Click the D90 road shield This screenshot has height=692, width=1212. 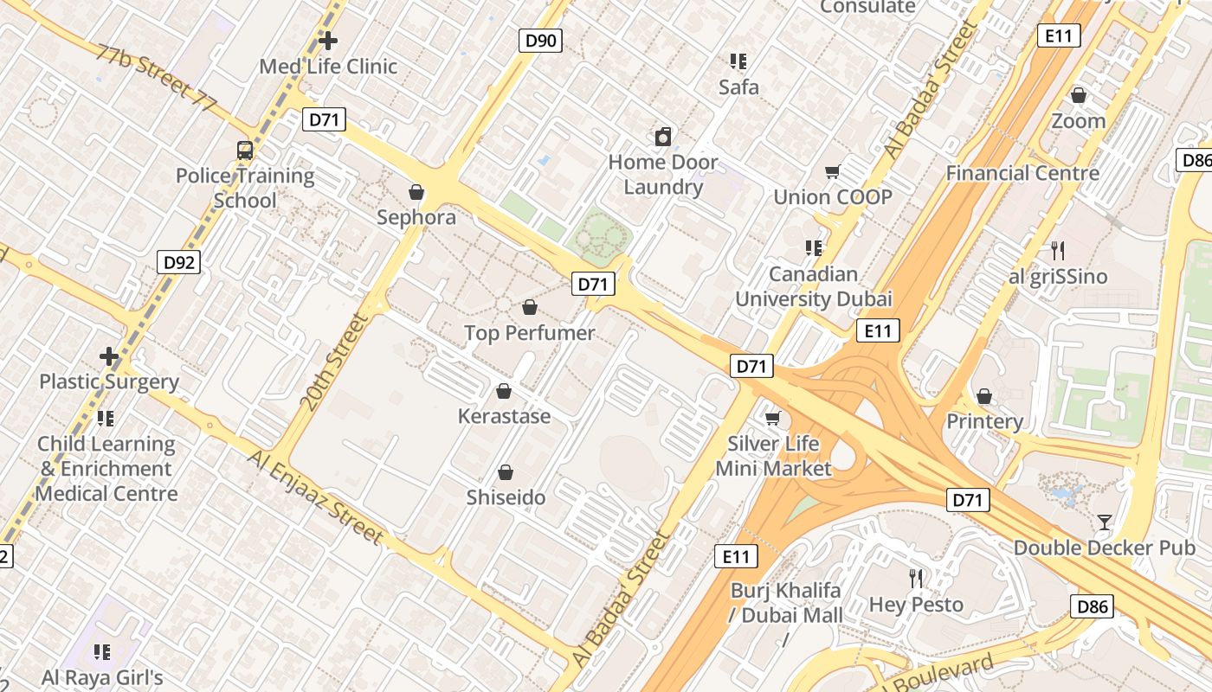[x=541, y=40]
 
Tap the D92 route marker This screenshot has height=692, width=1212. [x=179, y=262]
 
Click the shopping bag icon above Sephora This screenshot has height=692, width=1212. [x=416, y=192]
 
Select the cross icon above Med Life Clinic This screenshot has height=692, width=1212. [x=328, y=40]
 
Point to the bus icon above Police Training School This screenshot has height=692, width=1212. [x=245, y=151]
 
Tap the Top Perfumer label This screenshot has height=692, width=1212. [x=530, y=333]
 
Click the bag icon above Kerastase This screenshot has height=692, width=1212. [x=504, y=392]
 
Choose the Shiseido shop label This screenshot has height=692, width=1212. [x=506, y=497]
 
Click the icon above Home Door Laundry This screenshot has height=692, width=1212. [x=663, y=137]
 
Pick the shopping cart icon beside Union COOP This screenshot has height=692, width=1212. [x=833, y=171]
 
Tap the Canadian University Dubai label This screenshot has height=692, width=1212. [x=813, y=287]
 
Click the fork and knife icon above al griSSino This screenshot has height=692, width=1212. [x=1057, y=251]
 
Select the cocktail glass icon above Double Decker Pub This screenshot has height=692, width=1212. [x=1105, y=522]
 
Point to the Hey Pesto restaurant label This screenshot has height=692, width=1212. [x=916, y=604]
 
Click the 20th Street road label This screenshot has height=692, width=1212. [x=334, y=362]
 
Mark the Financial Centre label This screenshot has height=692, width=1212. [x=1022, y=173]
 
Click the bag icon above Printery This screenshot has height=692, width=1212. [x=984, y=396]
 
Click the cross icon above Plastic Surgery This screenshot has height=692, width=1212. [x=109, y=356]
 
